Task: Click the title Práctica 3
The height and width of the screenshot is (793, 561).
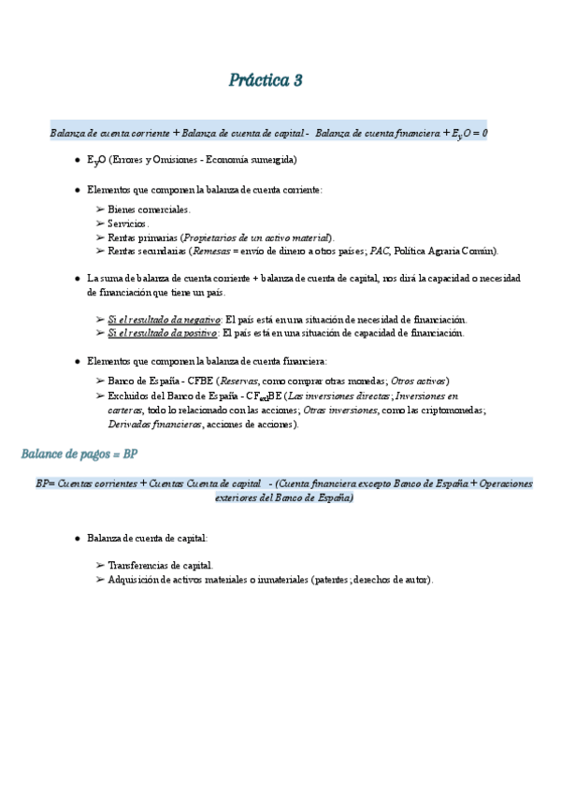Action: (x=266, y=80)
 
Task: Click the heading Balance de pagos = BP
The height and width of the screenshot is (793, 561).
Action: (x=79, y=454)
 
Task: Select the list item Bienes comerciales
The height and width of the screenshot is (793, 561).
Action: (x=149, y=209)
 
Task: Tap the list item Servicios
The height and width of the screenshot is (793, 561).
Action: (x=128, y=223)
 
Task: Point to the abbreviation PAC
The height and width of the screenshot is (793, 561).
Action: (x=379, y=251)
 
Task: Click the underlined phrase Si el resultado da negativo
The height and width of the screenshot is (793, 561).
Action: (x=164, y=319)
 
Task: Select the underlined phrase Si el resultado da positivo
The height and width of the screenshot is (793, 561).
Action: (x=163, y=333)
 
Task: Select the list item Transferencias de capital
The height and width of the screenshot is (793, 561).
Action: (x=160, y=566)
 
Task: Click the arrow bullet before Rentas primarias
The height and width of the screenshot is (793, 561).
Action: (x=100, y=238)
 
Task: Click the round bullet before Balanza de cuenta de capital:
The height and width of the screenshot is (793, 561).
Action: (x=77, y=539)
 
